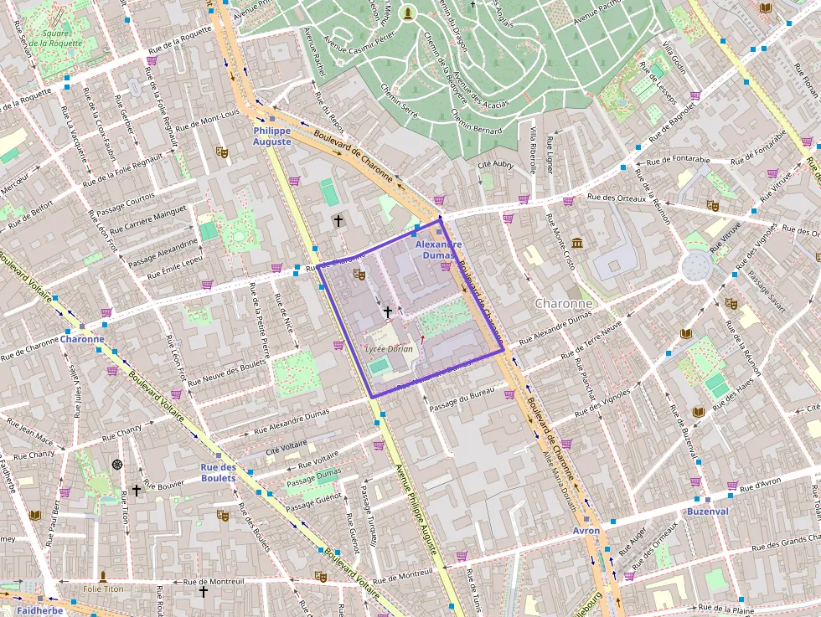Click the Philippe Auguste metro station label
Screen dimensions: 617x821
(272, 136)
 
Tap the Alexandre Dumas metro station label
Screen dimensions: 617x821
(439, 249)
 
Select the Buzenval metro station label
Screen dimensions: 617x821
(708, 511)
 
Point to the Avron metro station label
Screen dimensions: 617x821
(586, 531)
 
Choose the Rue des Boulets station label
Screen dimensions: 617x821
(219, 472)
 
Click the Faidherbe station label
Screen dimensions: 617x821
(39, 610)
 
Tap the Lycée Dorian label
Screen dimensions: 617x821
(390, 348)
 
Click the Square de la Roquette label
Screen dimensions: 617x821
(56, 38)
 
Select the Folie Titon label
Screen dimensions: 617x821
(103, 589)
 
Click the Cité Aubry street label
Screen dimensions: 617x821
(495, 165)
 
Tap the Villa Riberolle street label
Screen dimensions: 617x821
(533, 149)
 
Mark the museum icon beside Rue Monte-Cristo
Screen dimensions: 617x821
(577, 243)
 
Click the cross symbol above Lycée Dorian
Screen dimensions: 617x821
(387, 311)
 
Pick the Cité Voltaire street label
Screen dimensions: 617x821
(287, 450)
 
